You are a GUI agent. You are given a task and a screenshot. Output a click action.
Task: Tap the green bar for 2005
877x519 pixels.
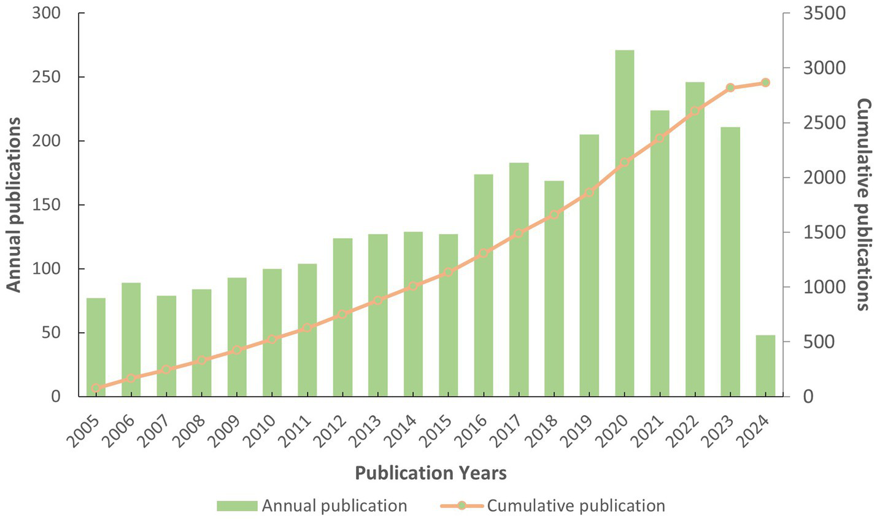[x=96, y=347]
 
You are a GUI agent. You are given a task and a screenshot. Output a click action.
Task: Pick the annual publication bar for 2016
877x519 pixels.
[x=483, y=285]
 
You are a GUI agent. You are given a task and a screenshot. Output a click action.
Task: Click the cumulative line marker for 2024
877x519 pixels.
[x=765, y=82]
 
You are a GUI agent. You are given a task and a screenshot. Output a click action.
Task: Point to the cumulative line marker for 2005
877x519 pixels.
[x=96, y=388]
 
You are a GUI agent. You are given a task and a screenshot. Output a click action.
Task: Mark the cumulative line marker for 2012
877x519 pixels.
[x=342, y=314]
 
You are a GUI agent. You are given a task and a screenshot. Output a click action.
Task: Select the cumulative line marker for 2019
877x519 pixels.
[x=589, y=192]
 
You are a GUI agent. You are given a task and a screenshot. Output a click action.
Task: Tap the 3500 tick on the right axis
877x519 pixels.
[x=824, y=13]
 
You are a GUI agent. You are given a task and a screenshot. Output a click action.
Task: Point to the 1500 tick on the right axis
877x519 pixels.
[x=824, y=232]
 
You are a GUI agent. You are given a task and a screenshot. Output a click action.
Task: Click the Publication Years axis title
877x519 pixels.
[x=431, y=473]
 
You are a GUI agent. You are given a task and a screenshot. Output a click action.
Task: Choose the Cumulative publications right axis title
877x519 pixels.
[x=863, y=205]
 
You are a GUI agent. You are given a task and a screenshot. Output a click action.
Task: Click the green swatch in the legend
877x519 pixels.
[x=236, y=506]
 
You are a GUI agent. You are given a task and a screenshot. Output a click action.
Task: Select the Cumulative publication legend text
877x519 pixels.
[x=576, y=506]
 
